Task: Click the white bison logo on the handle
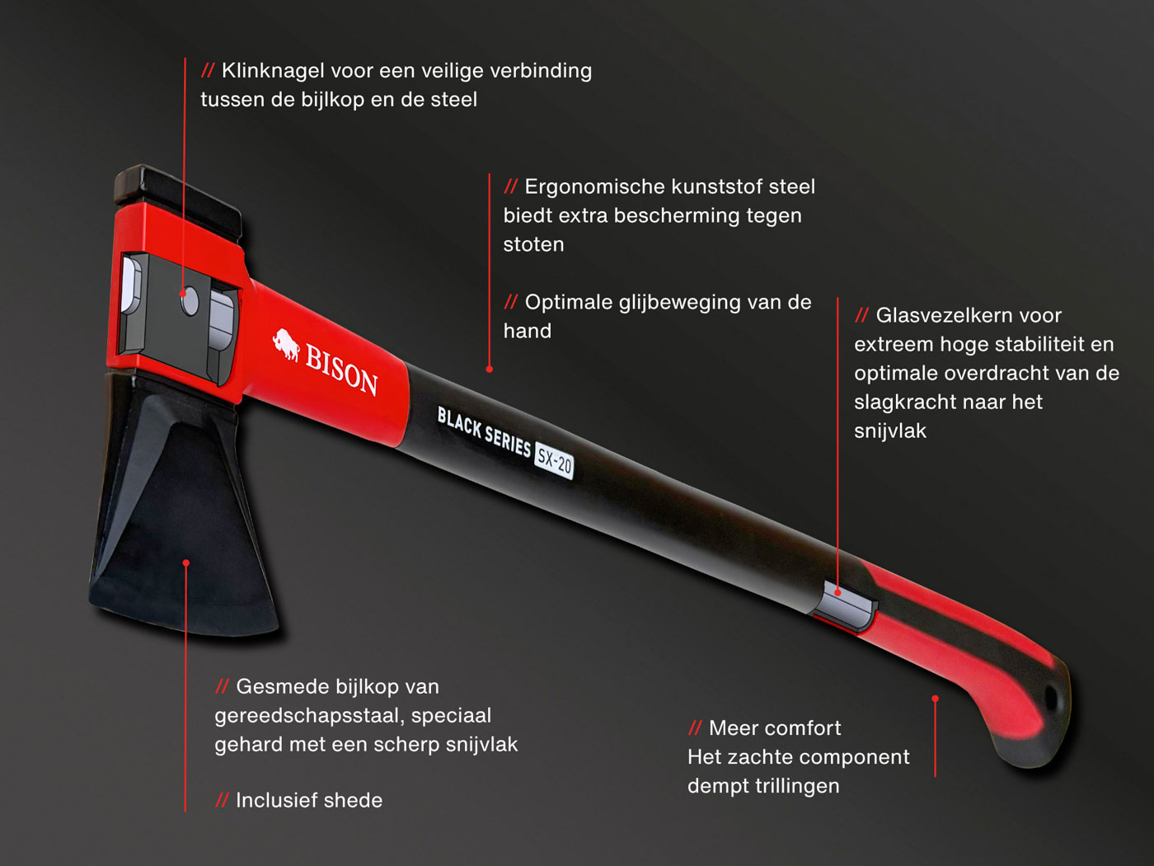[287, 345]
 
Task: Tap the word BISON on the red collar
[342, 370]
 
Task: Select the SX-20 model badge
[554, 461]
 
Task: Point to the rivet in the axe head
[190, 301]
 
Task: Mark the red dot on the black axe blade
[186, 563]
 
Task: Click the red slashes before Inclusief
[222, 800]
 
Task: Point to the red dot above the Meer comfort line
[936, 699]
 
